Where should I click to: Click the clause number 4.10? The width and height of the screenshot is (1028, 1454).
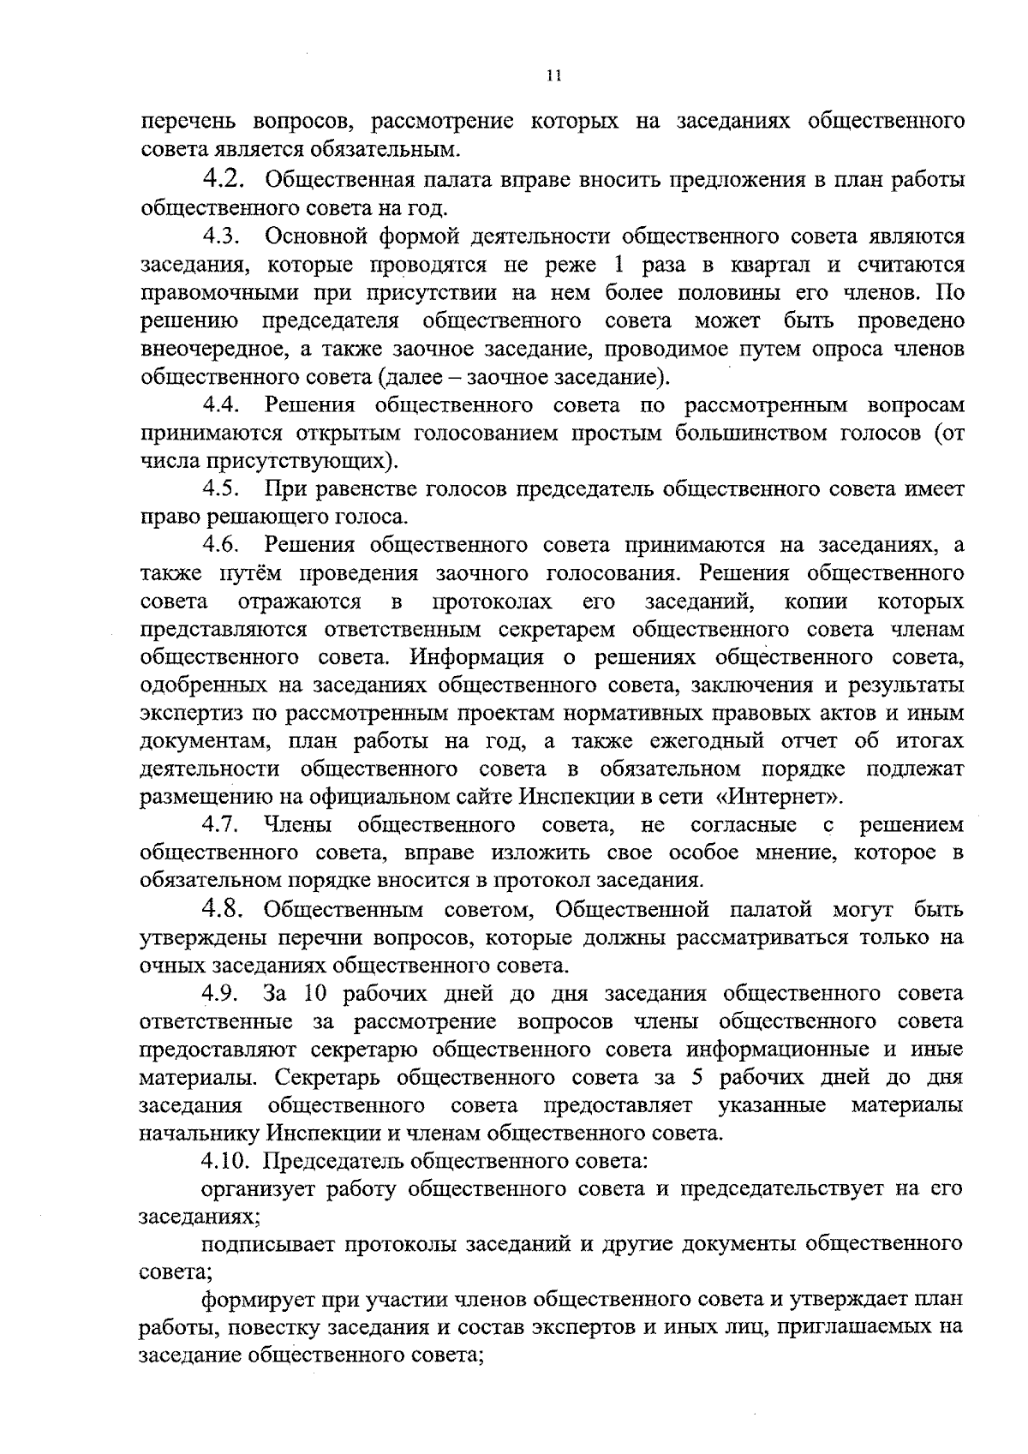tap(229, 1162)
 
